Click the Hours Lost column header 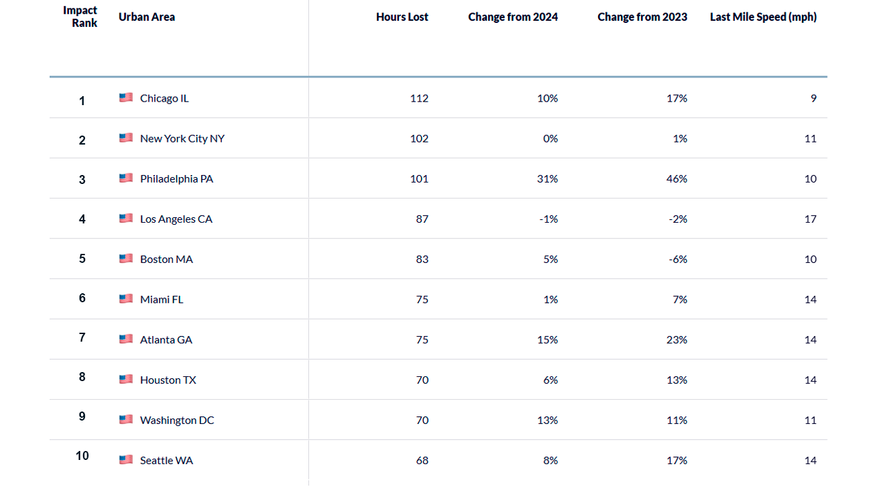[402, 17]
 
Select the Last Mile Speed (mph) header [763, 17]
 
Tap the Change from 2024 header [512, 17]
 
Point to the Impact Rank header [81, 17]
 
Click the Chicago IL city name [164, 98]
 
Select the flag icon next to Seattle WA [126, 460]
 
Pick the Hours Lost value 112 [419, 98]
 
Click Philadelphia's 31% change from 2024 [547, 178]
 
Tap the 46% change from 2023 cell [677, 178]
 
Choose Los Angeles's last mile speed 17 [810, 219]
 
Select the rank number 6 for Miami [82, 298]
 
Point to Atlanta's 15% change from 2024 [547, 340]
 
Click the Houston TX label [168, 380]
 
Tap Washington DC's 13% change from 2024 [547, 420]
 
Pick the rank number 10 [82, 456]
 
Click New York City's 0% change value [550, 138]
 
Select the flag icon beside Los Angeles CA [126, 219]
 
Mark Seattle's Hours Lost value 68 [422, 460]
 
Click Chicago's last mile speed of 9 [814, 98]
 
